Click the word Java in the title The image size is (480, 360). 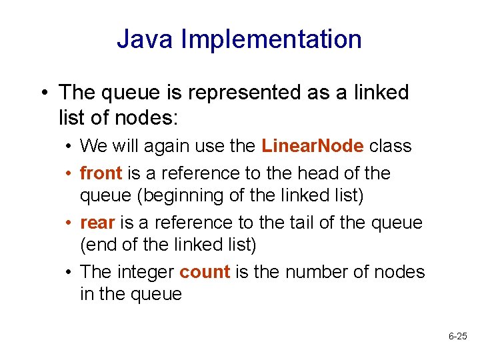[x=146, y=39]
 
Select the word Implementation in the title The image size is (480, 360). [x=272, y=40]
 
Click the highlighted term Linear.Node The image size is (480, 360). [x=313, y=145]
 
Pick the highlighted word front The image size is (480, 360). [x=101, y=173]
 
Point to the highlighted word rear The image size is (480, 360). [x=97, y=223]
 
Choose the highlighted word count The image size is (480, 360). [x=205, y=272]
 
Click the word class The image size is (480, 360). [x=390, y=145]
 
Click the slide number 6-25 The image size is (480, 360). [x=458, y=337]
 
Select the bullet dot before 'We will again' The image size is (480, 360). [x=69, y=146]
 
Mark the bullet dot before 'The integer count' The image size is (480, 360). [x=69, y=273]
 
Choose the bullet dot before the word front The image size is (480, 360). [x=69, y=174]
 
